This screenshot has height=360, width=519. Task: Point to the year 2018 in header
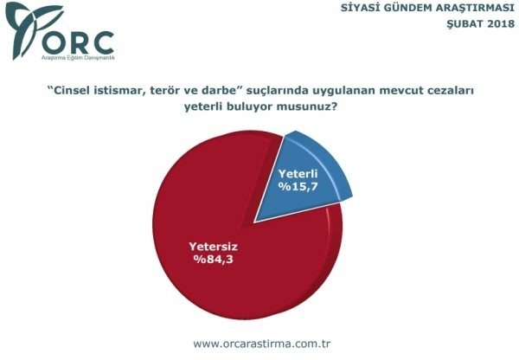click(496, 23)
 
